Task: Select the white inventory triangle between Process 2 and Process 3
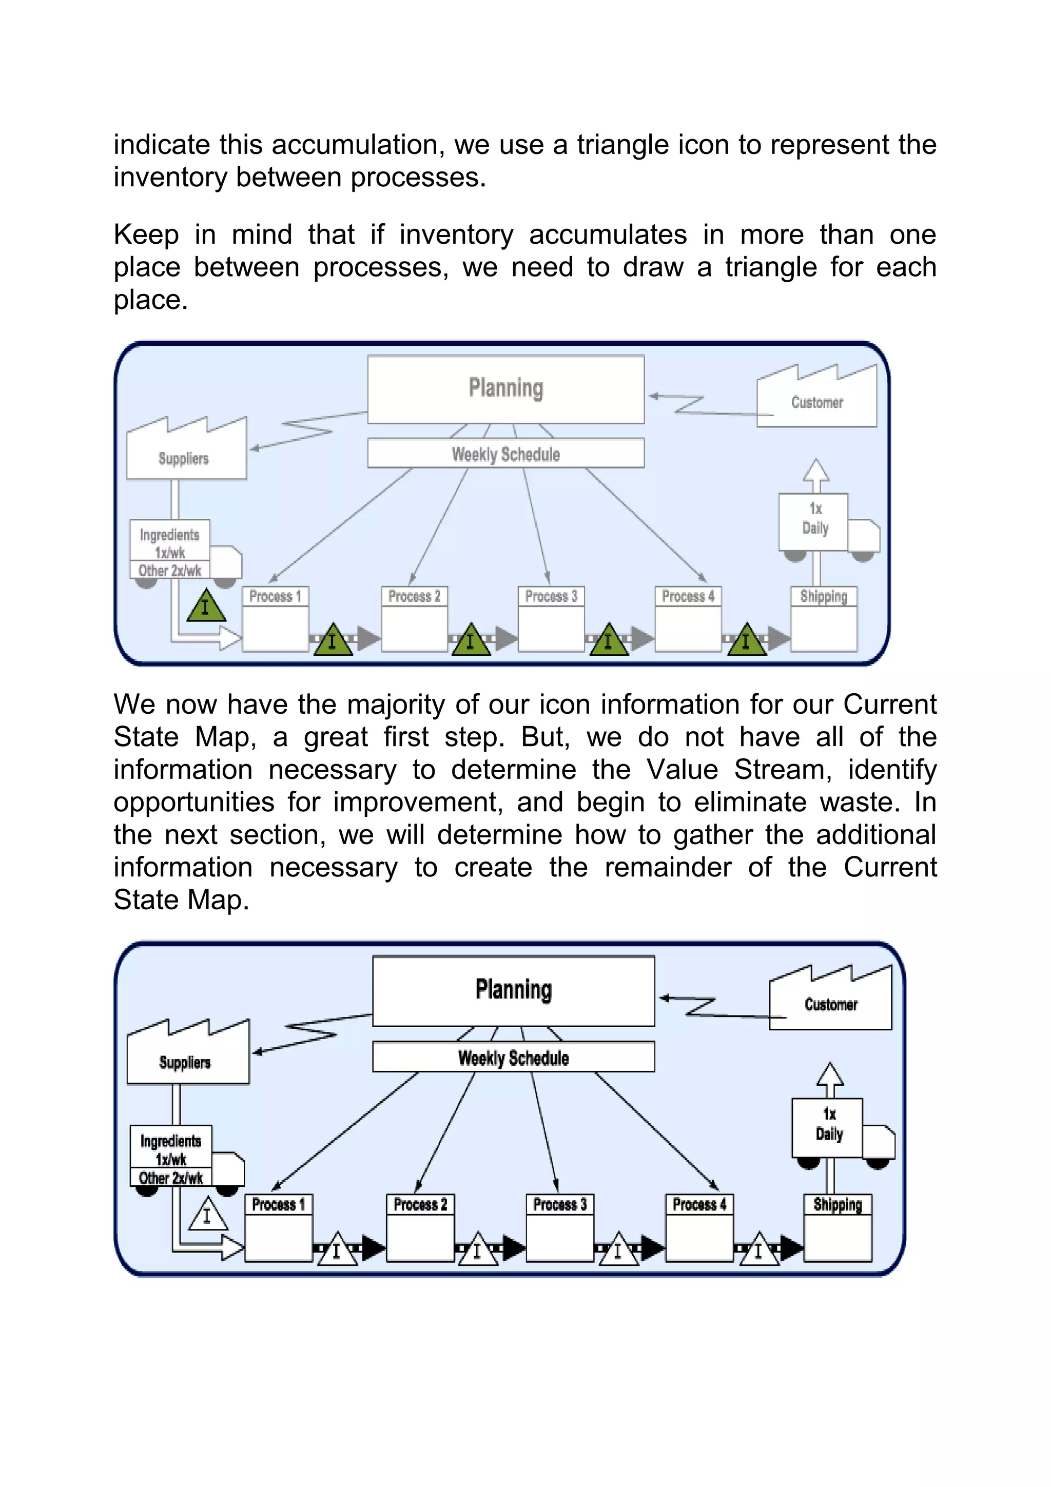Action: (477, 1250)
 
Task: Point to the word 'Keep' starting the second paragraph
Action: (146, 234)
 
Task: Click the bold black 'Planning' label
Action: (514, 990)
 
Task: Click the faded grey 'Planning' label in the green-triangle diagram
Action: (506, 388)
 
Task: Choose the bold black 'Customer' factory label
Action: (831, 1005)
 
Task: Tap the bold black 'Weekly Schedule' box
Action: (514, 1058)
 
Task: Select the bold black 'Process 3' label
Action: (559, 1205)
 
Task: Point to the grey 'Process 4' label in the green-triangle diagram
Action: (688, 596)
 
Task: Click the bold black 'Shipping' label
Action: (838, 1205)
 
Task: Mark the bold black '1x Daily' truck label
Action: (829, 1124)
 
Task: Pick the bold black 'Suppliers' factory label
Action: (185, 1063)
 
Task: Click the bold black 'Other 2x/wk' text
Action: (171, 1178)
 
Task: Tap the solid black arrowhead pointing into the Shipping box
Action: (791, 1248)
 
